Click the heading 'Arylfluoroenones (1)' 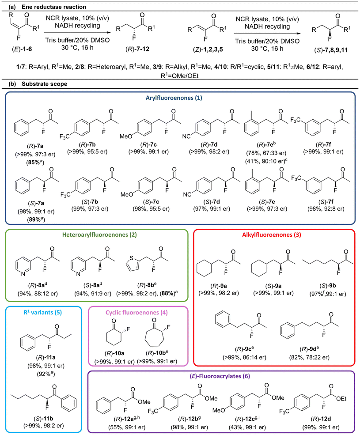point(174,98)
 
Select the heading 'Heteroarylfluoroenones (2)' point(99,235)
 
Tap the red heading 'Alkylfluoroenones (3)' point(272,235)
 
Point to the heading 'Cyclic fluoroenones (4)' point(136,312)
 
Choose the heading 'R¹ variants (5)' point(43,312)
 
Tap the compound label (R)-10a point(114,353)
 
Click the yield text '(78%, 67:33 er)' point(266,153)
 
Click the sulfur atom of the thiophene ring point(132,258)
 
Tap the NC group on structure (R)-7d point(186,136)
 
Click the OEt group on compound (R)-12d point(341,398)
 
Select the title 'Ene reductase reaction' point(54,7)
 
